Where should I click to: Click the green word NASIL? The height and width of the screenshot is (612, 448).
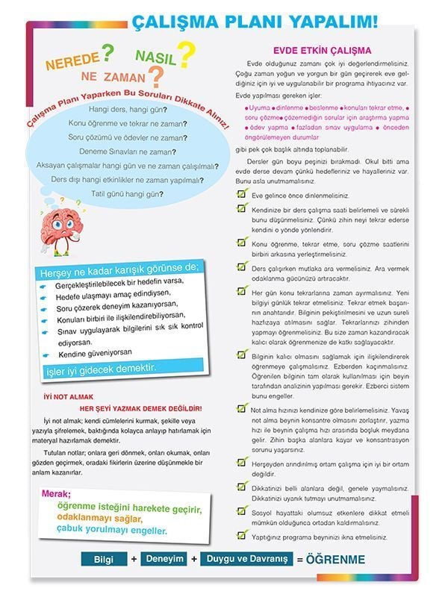[x=155, y=56]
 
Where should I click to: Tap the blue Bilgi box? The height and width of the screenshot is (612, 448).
[x=105, y=559]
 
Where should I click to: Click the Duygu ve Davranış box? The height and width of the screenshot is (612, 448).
[x=246, y=558]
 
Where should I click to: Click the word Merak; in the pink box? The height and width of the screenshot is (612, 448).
[x=57, y=494]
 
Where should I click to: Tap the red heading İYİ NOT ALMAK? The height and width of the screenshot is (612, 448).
[x=68, y=397]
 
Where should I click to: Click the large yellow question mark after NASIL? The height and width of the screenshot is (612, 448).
[x=187, y=54]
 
